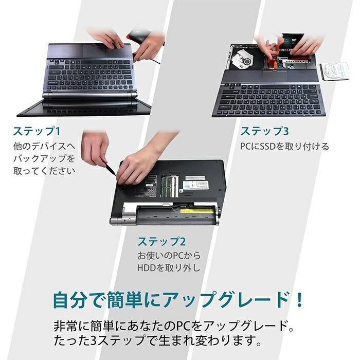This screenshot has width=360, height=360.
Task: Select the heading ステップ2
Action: click(x=161, y=241)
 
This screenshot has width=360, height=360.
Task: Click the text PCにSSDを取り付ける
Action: click(x=284, y=147)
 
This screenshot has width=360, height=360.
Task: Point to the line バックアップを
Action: click(x=44, y=158)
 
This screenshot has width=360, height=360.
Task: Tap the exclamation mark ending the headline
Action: click(x=297, y=299)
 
